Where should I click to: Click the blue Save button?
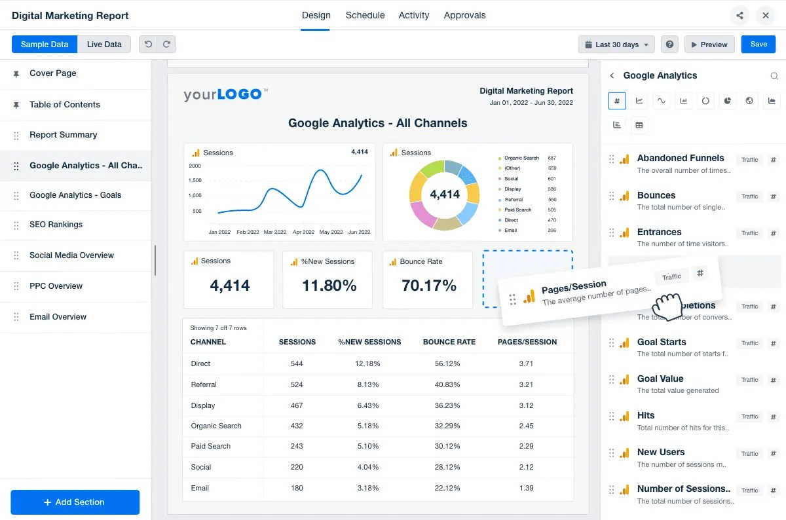coord(758,45)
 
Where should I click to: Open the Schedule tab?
coord(365,15)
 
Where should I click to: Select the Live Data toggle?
coord(104,45)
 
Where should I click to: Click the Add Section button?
coord(75,502)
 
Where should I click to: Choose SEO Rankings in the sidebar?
coord(56,225)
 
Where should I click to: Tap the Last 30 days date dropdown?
coord(616,45)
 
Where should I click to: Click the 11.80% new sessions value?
coord(329,286)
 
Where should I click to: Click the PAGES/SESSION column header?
coord(527,342)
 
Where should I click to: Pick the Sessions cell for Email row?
coord(297,488)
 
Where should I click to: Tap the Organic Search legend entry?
coord(521,158)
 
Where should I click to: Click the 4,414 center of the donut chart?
coord(445,195)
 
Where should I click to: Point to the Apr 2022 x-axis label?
coord(303,232)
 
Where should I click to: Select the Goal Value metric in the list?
coord(660,379)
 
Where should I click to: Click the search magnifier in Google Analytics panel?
coord(774,76)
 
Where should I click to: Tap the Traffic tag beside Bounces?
coord(749,196)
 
